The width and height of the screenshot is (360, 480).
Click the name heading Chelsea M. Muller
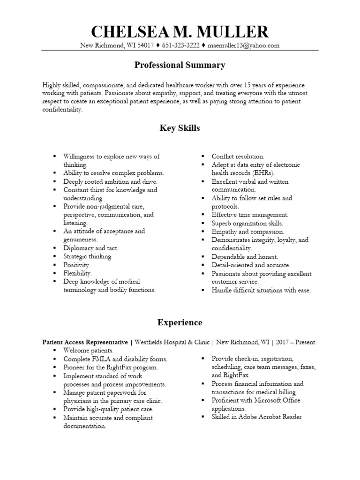(180, 31)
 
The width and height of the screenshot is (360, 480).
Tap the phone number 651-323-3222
(180, 45)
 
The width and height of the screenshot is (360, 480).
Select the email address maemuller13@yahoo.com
(244, 45)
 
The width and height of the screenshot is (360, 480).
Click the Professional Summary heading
(180, 65)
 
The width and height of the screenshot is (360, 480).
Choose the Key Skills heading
(180, 128)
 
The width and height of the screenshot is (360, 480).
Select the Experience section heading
(180, 322)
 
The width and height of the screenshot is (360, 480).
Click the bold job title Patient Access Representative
(85, 342)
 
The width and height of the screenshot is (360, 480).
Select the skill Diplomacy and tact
(91, 248)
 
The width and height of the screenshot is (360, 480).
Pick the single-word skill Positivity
(77, 265)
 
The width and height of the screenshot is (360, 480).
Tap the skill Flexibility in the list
(78, 273)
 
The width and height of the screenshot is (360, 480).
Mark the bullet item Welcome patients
(89, 351)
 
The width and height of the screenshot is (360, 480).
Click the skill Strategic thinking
(88, 256)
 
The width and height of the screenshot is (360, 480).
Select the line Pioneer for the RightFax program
(111, 367)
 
